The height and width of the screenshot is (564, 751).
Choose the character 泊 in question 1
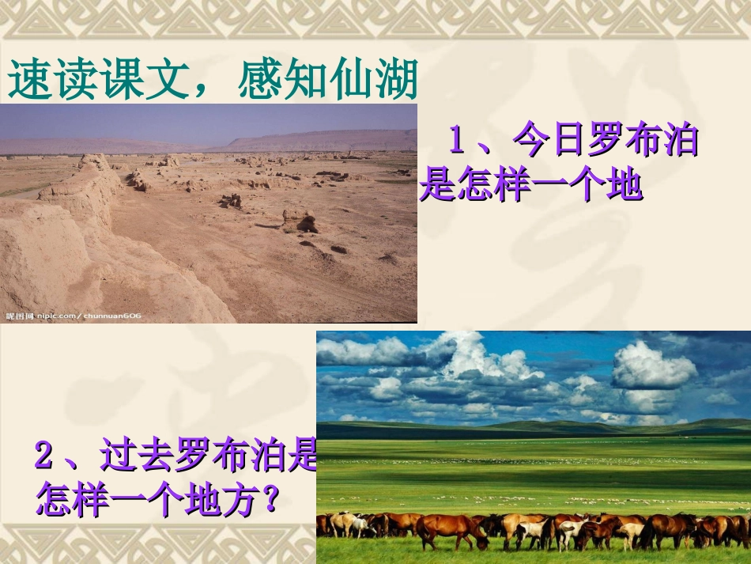pos(681,142)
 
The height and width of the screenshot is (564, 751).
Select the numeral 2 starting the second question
pos(44,456)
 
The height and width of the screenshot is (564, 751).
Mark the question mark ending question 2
pos(271,499)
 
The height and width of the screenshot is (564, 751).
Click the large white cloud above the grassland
pos(652,365)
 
